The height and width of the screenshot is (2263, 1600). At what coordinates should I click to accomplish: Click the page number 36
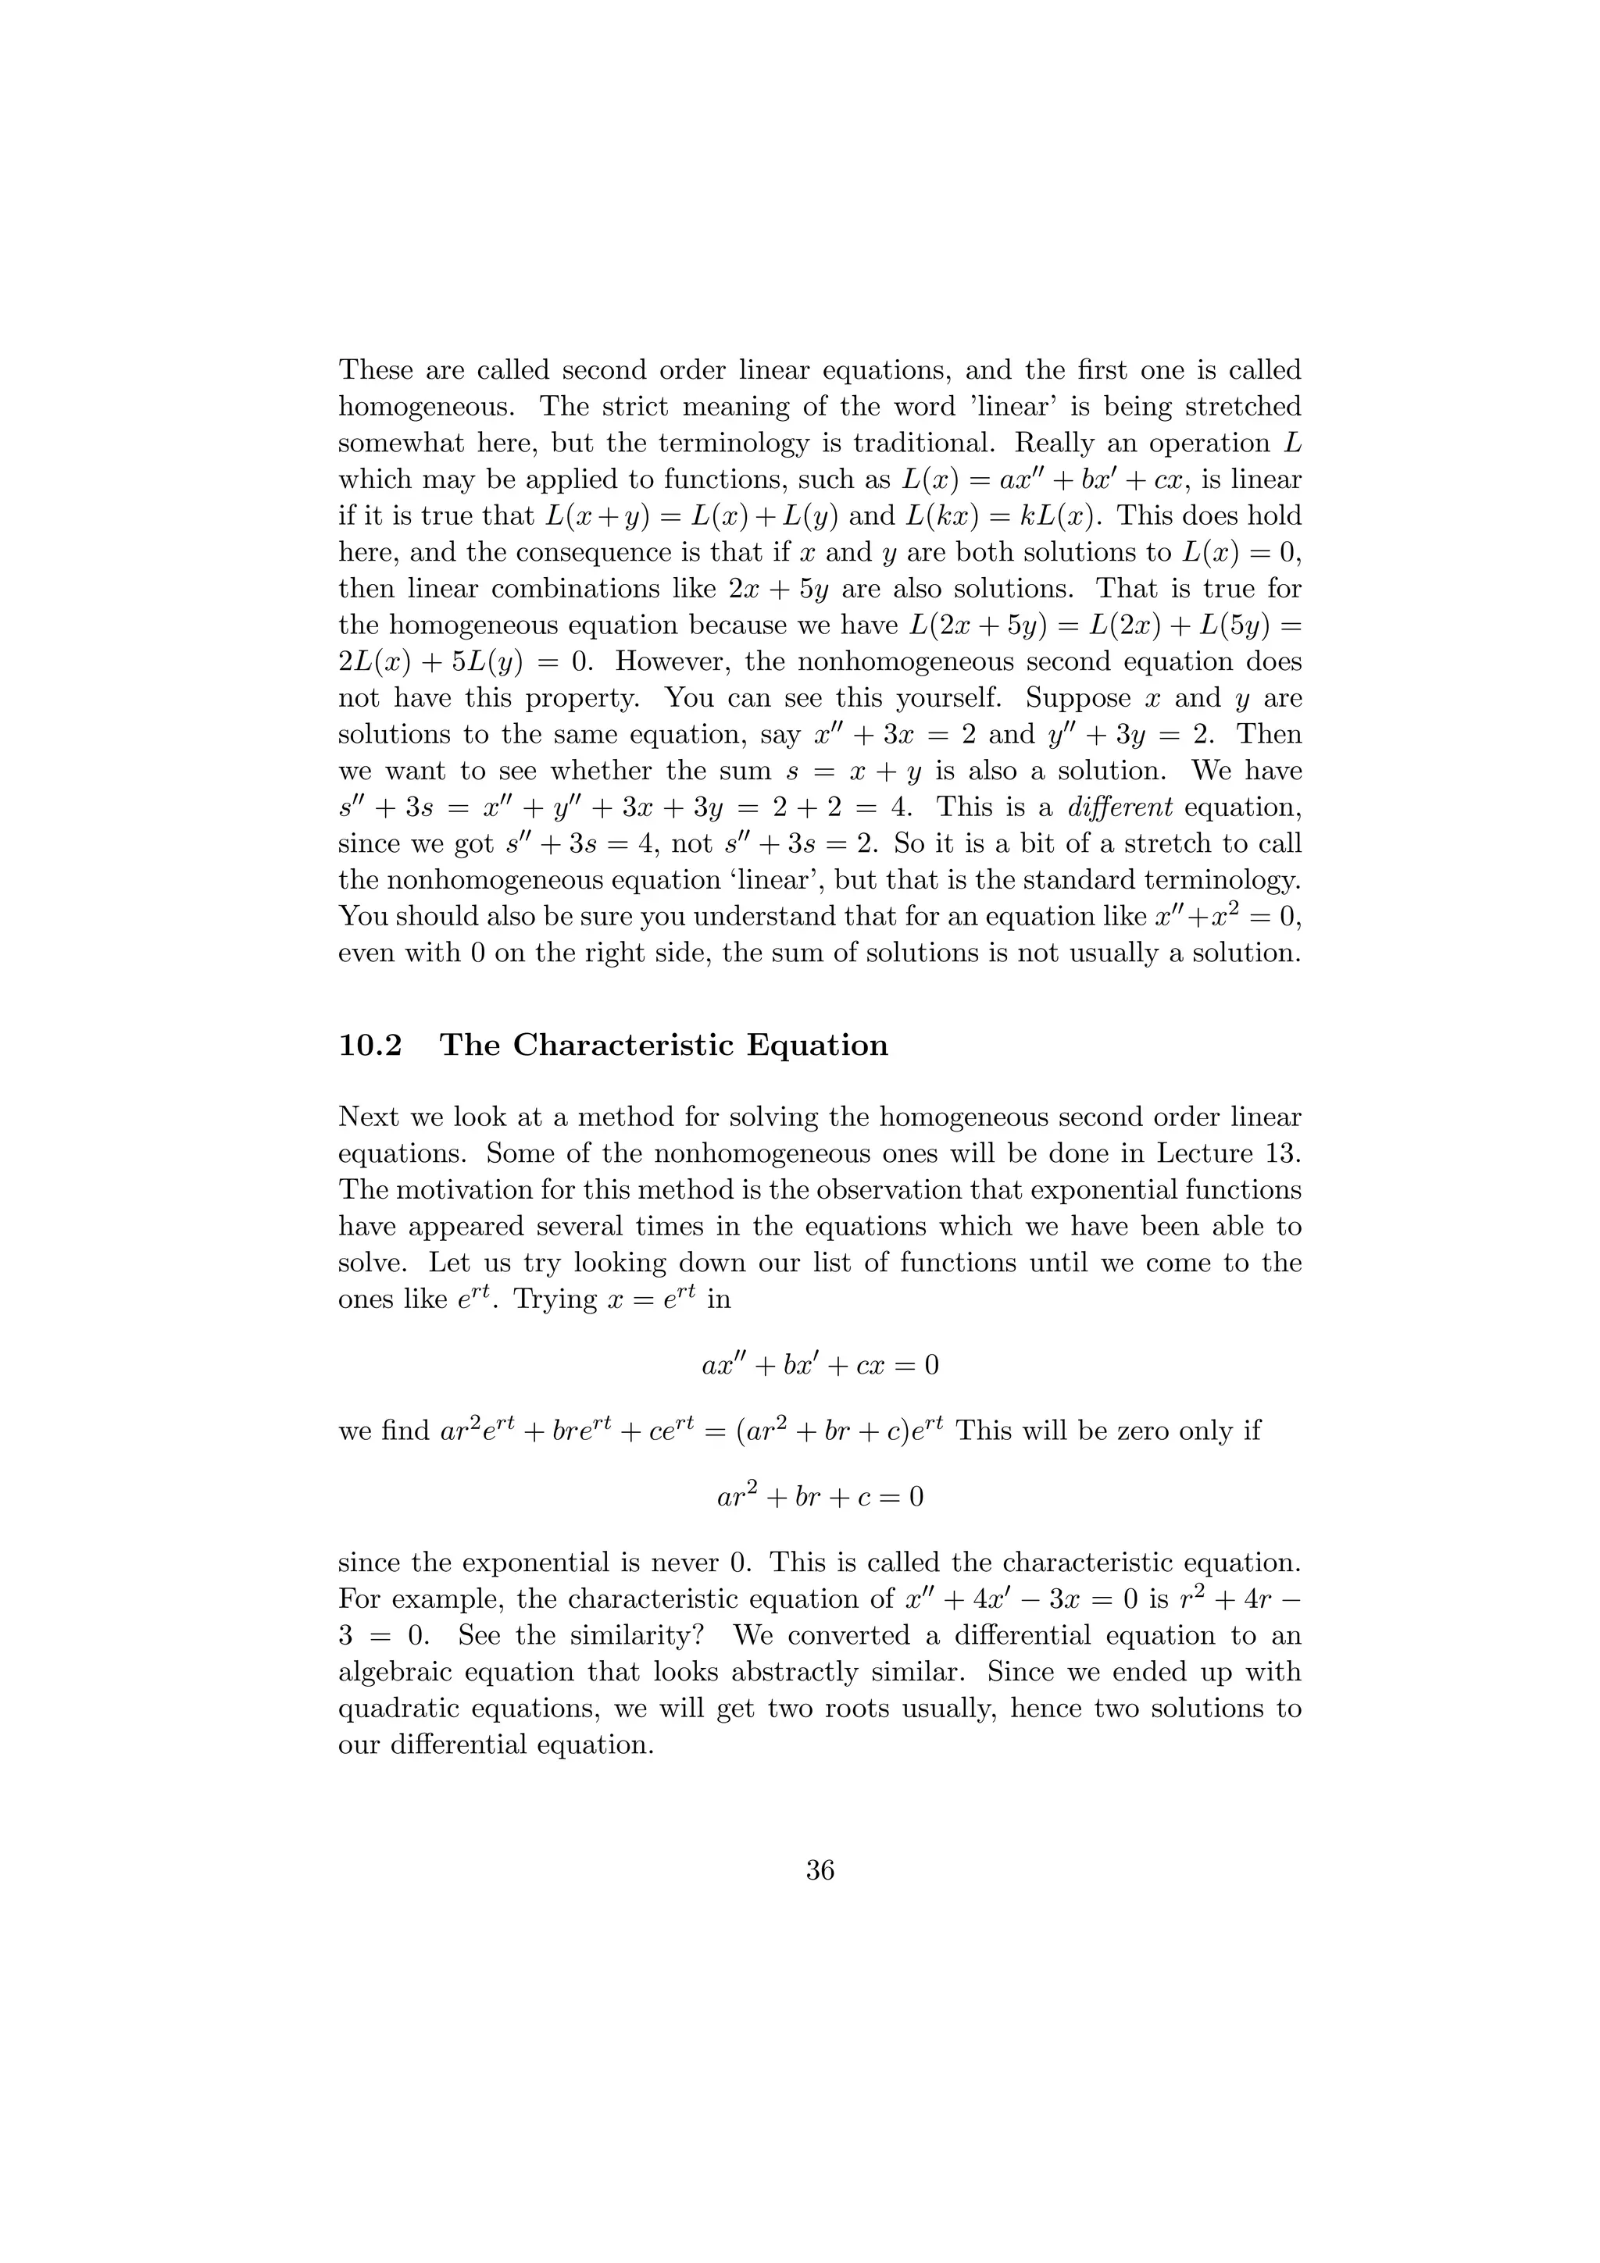[820, 1869]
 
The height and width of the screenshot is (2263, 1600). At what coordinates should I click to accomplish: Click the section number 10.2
[370, 1045]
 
